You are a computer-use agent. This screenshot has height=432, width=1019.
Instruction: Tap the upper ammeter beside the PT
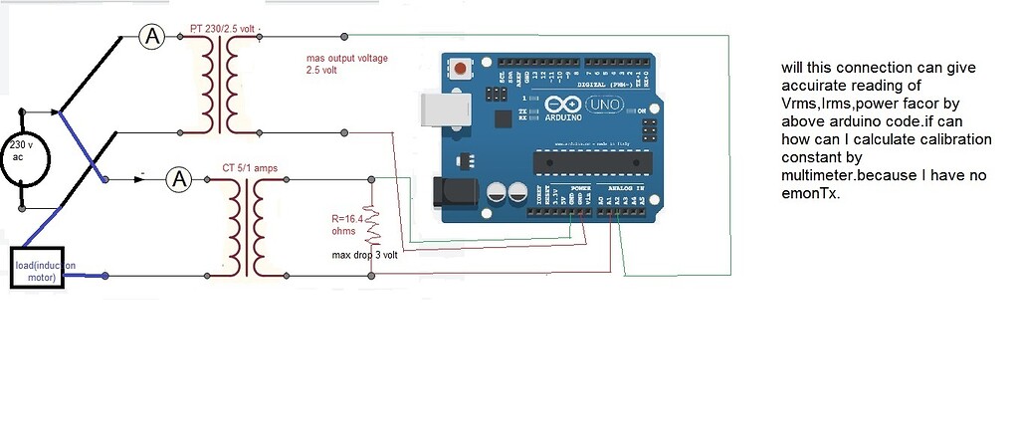(x=151, y=38)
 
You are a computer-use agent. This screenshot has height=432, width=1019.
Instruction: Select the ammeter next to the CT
(x=178, y=179)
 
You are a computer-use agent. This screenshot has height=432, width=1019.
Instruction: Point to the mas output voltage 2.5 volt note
(x=345, y=65)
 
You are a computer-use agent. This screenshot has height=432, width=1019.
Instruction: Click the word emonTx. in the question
(x=809, y=194)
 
